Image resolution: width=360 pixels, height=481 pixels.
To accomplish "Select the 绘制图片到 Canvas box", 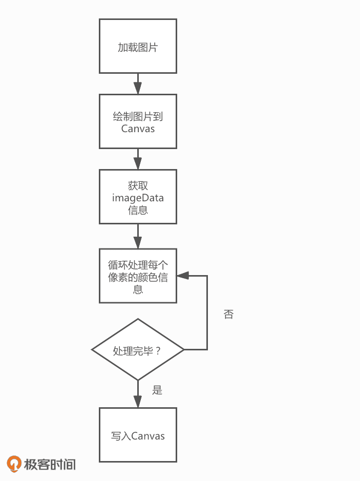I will pos(138,121).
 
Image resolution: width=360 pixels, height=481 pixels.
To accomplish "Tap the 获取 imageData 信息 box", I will pos(138,197).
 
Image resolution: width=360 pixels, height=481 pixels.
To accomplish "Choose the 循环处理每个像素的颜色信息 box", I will pos(138,276).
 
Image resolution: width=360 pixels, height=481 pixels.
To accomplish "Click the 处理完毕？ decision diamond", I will pos(138,350).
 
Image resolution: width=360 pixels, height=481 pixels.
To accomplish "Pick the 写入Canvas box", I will pos(138,435).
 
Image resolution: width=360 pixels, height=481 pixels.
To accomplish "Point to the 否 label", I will pos(228,315).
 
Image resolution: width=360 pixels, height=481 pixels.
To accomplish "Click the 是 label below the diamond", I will pos(157,390).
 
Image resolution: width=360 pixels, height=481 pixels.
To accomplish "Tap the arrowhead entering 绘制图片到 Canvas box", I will pos(138,89).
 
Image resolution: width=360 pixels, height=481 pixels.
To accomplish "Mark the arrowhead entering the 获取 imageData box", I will pos(138,164).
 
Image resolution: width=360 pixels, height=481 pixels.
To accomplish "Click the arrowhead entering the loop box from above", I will pos(138,244).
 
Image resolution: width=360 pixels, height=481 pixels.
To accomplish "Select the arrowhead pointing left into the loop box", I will pos(182,276).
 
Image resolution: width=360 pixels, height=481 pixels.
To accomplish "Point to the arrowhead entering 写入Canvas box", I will pos(138,402).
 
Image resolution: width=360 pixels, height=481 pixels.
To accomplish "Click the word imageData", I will pos(138,198).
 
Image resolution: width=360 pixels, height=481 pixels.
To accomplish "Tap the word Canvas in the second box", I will pos(138,128).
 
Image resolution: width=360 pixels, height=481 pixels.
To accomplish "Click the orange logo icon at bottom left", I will pos(15,464).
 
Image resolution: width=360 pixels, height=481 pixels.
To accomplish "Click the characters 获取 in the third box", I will pos(138,185).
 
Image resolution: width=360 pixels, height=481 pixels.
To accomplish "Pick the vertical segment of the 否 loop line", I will pos(207,312).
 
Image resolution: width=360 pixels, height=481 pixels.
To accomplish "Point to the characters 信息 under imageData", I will pos(138,210).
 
